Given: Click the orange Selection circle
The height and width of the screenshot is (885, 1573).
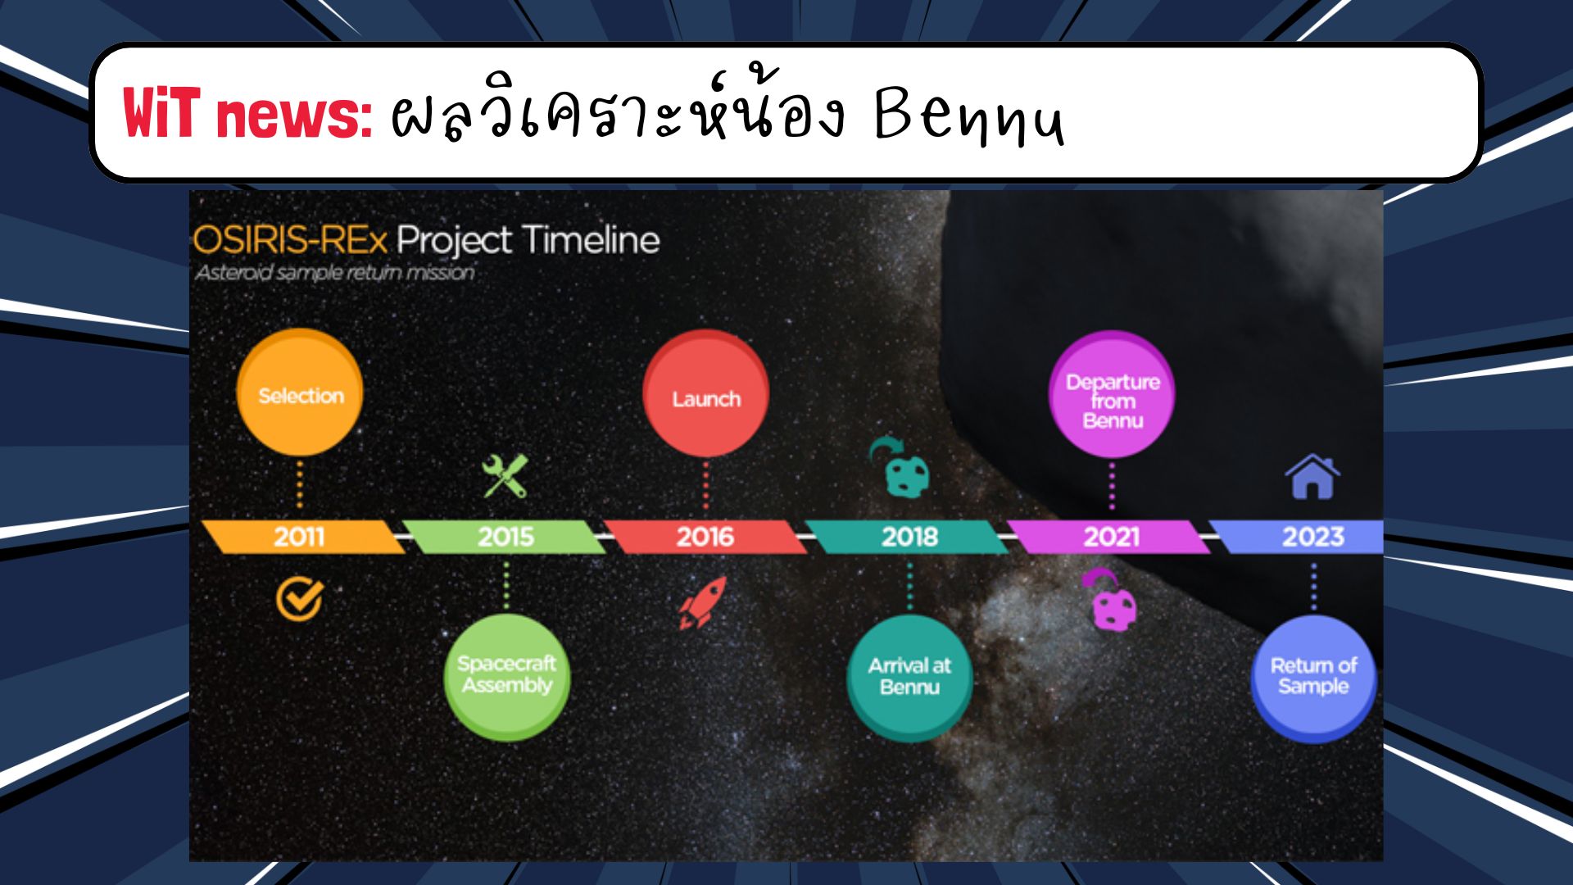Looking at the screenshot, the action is tap(300, 393).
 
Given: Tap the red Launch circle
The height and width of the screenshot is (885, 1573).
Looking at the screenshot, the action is tap(705, 394).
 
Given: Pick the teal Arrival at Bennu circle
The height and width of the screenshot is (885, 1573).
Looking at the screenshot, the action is tap(909, 678).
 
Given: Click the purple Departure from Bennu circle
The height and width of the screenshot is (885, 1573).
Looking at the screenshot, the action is tap(1112, 395).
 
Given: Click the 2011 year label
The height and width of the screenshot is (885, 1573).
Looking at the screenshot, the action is tap(299, 537).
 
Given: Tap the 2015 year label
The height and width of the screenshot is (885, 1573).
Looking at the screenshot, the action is tap(505, 537).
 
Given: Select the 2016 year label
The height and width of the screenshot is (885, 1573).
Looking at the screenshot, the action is tap(705, 537).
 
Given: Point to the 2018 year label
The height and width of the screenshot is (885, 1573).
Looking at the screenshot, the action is tap(909, 537).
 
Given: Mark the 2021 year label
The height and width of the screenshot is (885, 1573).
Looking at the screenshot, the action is tap(1112, 537).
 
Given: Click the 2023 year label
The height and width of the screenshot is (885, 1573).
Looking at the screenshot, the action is tap(1313, 537).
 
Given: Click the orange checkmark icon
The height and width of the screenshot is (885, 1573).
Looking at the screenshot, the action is tap(299, 599).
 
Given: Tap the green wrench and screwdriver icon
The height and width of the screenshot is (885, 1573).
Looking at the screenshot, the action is tap(505, 476).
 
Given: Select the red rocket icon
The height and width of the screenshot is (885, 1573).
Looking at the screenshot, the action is tap(703, 602).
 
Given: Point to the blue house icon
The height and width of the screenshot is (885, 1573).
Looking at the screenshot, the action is tap(1312, 476).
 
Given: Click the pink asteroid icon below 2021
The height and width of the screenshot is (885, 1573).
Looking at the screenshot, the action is tap(1111, 600).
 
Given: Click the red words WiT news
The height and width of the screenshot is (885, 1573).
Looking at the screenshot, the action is tap(247, 113).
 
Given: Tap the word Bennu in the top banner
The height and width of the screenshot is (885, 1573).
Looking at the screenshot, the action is tap(969, 116).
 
